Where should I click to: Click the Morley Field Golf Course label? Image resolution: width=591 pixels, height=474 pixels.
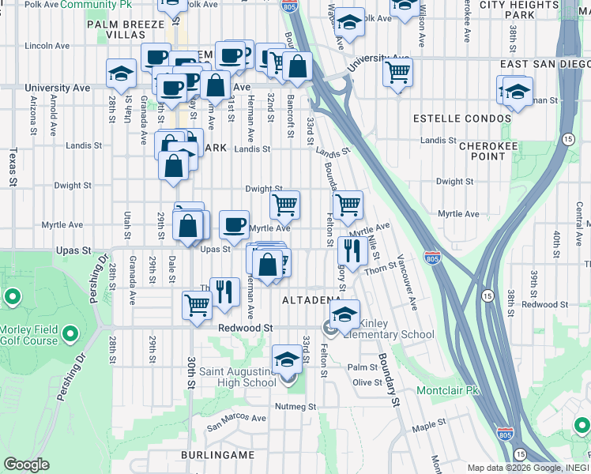coord(29,335)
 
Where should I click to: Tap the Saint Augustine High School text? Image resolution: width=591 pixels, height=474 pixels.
coord(226,378)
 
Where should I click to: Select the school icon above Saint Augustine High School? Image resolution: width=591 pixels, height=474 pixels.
coord(287,360)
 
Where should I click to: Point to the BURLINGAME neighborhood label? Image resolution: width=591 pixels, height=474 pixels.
coord(217,456)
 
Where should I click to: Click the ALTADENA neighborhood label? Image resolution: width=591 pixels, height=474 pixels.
coord(311,301)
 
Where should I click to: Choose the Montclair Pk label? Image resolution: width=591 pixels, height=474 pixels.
coord(448,390)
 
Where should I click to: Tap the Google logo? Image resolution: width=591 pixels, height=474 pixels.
coord(26,465)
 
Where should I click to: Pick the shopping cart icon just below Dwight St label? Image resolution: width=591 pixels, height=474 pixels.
coord(284,205)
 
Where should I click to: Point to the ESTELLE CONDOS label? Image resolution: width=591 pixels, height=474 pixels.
coord(463,118)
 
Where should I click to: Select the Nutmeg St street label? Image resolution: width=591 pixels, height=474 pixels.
coord(295,407)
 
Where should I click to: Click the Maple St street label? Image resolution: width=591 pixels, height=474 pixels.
coord(429,427)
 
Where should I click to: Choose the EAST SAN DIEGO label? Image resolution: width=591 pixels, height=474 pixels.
coord(545,63)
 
